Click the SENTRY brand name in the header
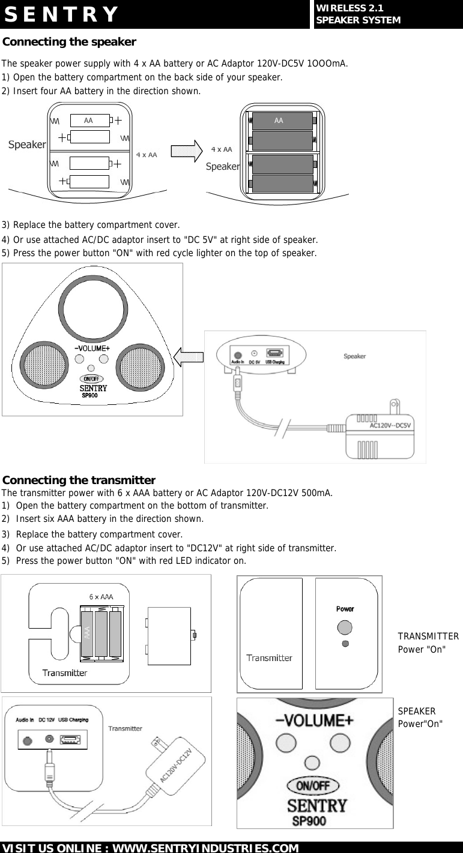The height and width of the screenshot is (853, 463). point(61,14)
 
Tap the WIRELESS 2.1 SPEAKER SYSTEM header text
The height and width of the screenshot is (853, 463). point(357,14)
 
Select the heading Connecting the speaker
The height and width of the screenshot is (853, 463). point(70,42)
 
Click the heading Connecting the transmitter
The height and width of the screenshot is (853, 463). point(79,480)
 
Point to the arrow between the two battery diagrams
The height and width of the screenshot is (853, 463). point(187,151)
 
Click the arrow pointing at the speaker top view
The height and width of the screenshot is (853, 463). point(189,358)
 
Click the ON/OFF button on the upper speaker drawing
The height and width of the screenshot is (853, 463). point(92,379)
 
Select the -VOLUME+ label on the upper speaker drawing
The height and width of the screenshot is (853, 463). point(92,348)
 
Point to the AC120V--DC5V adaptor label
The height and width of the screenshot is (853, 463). point(390,426)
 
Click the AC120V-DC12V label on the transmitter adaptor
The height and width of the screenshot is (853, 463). point(177,765)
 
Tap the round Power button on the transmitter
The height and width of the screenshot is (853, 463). point(345,627)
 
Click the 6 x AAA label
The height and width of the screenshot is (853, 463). point(101,597)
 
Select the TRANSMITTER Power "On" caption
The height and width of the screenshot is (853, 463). point(428,643)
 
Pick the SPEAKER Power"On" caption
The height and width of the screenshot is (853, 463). point(420,717)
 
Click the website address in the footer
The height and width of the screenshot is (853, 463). point(150,848)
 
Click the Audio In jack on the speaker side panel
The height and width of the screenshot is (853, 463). point(238,355)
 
